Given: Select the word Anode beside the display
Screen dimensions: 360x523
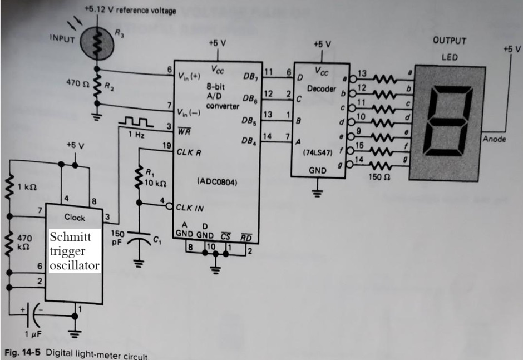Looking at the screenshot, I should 494,139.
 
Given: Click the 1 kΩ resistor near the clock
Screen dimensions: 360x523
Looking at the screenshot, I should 9,187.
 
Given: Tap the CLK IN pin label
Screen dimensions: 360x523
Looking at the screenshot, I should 190,208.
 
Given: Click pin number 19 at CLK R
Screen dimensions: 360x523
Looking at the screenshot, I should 166,146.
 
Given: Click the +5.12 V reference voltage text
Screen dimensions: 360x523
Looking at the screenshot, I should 130,10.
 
